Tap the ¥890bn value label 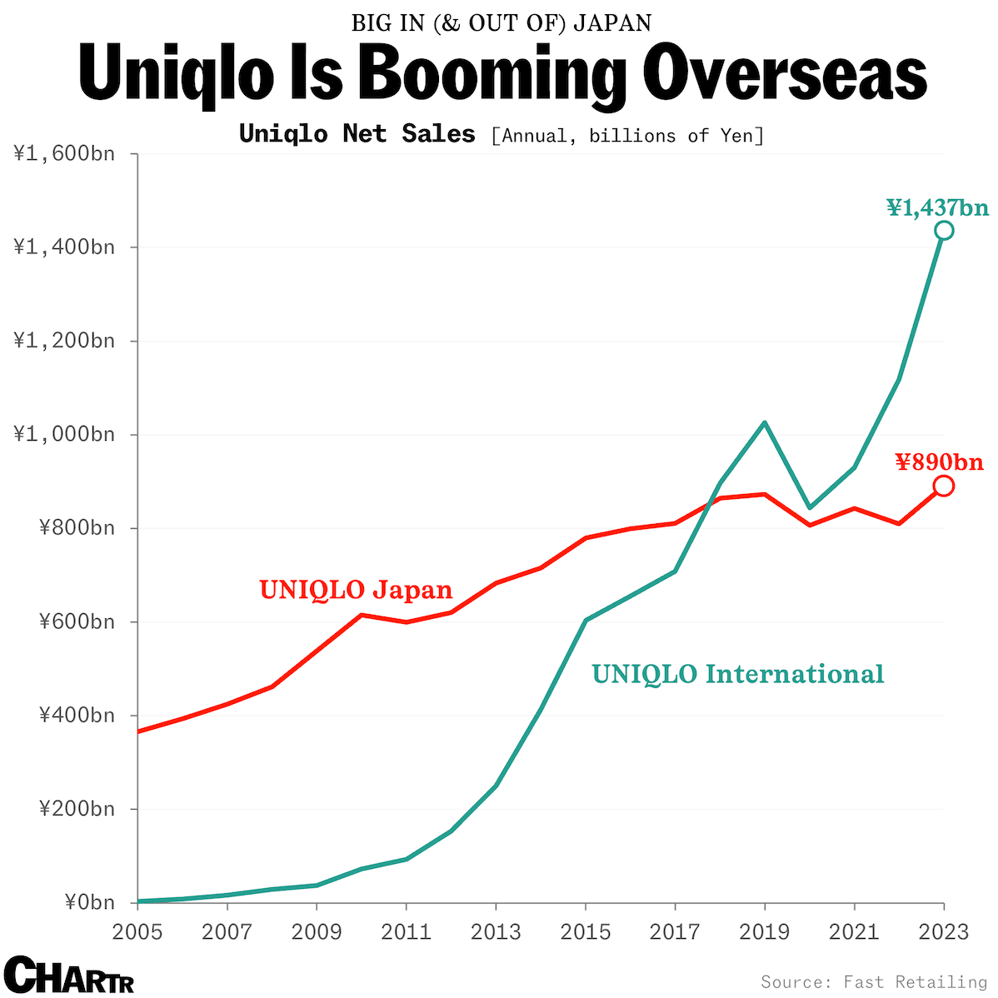pos(939,462)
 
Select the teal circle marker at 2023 pos(943,231)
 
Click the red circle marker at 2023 pos(943,486)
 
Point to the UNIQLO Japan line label pos(356,590)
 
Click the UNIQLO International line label pos(737,673)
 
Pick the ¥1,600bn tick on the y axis pos(63,154)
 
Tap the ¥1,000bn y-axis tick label pos(63,435)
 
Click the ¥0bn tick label pos(89,903)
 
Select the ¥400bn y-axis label pos(76,716)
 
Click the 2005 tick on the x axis pos(137,931)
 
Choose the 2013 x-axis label pos(496,931)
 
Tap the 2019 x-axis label pos(764,931)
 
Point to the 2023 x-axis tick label pos(943,931)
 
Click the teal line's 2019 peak pos(764,423)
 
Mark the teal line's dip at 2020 pos(809,507)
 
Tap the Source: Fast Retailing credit pos(873,982)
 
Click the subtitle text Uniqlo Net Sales pos(357,134)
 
